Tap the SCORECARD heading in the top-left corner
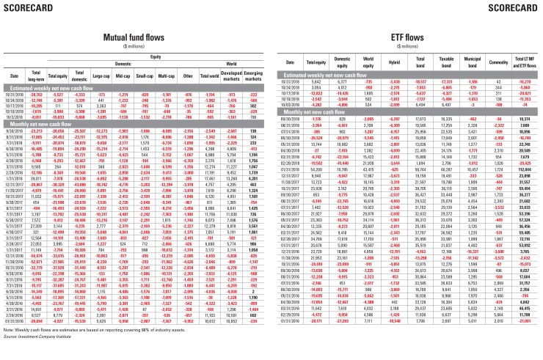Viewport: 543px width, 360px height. (x=26, y=8)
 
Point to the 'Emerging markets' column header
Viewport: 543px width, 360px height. (x=253, y=75)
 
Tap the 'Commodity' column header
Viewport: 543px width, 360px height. (x=480, y=75)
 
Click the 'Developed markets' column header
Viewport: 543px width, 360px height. (x=232, y=75)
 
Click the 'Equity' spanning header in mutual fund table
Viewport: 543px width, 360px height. (x=156, y=54)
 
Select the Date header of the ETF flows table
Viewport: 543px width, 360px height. (x=284, y=75)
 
